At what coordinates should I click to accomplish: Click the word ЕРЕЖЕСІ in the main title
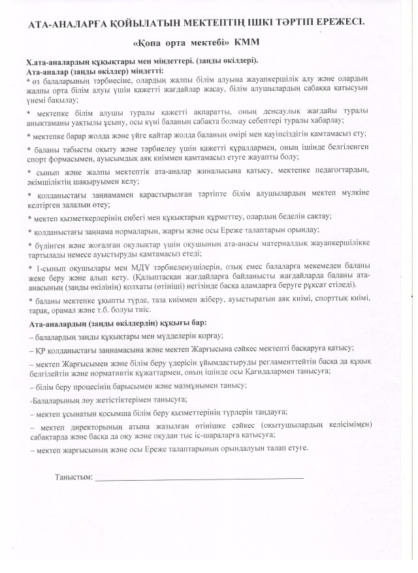pos(337,22)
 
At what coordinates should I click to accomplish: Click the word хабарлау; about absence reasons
pos(371,121)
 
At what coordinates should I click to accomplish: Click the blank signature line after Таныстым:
pos(199,478)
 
